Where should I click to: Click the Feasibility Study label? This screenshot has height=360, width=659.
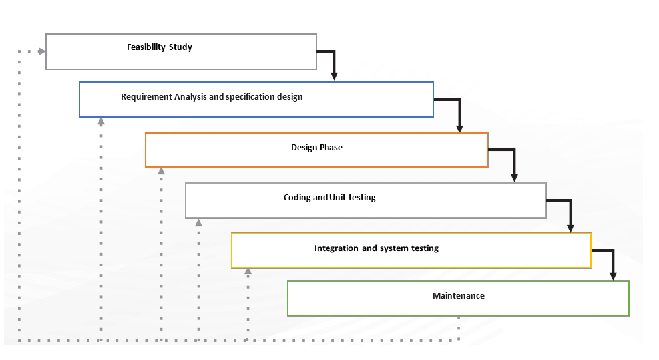pos(160,47)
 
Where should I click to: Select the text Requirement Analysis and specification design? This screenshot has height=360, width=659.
pos(212,97)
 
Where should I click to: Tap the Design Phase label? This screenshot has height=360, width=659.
pos(316,147)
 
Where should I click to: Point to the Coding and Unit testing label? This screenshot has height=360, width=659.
pos(329,198)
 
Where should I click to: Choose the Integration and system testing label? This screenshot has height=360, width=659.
pos(376,248)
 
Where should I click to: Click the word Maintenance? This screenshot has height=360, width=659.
pos(458,295)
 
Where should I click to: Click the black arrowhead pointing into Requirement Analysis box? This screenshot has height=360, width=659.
pos(334,76)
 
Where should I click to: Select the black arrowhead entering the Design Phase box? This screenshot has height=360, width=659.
pos(459,128)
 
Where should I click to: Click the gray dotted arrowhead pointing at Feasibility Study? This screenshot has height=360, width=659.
pos(41,51)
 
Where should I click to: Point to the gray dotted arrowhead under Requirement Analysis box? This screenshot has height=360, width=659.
pos(101,122)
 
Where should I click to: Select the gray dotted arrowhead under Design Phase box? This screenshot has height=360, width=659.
pos(161,172)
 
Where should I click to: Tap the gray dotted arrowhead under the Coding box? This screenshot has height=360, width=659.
pos(198,222)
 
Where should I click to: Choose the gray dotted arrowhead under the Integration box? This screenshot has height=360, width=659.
pos(248,271)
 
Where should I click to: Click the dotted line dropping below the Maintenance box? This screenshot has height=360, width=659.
pos(459,328)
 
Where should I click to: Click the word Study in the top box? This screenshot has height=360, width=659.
pos(180,47)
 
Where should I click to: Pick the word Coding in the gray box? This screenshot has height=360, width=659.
pos(298,198)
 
